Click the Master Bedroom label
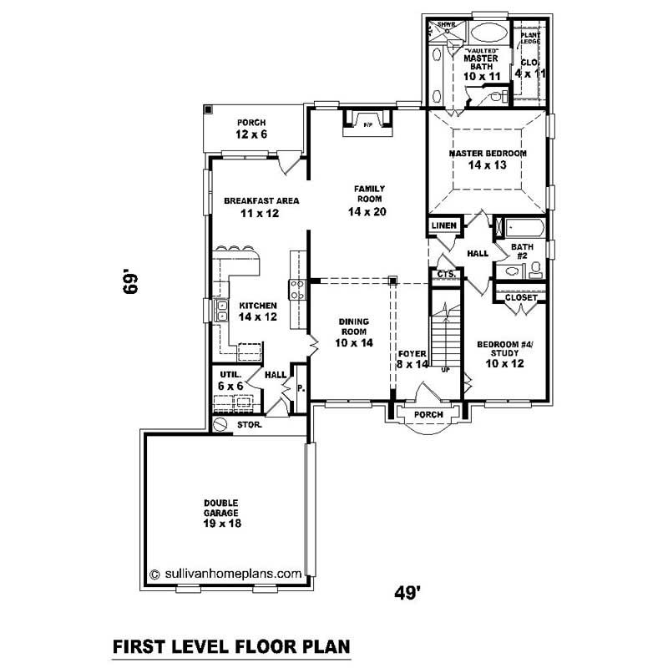(487, 159)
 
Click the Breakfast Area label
(261, 207)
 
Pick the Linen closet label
(443, 225)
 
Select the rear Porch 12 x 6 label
(250, 129)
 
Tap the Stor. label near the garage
(248, 424)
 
